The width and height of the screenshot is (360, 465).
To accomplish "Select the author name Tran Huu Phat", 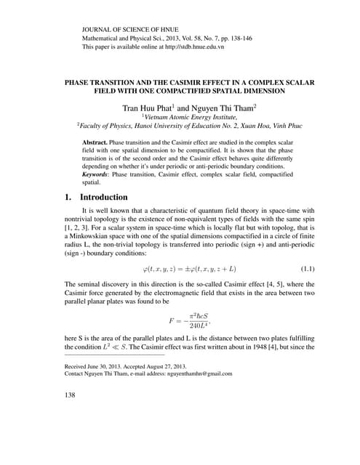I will pyautogui.click(x=146, y=108).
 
